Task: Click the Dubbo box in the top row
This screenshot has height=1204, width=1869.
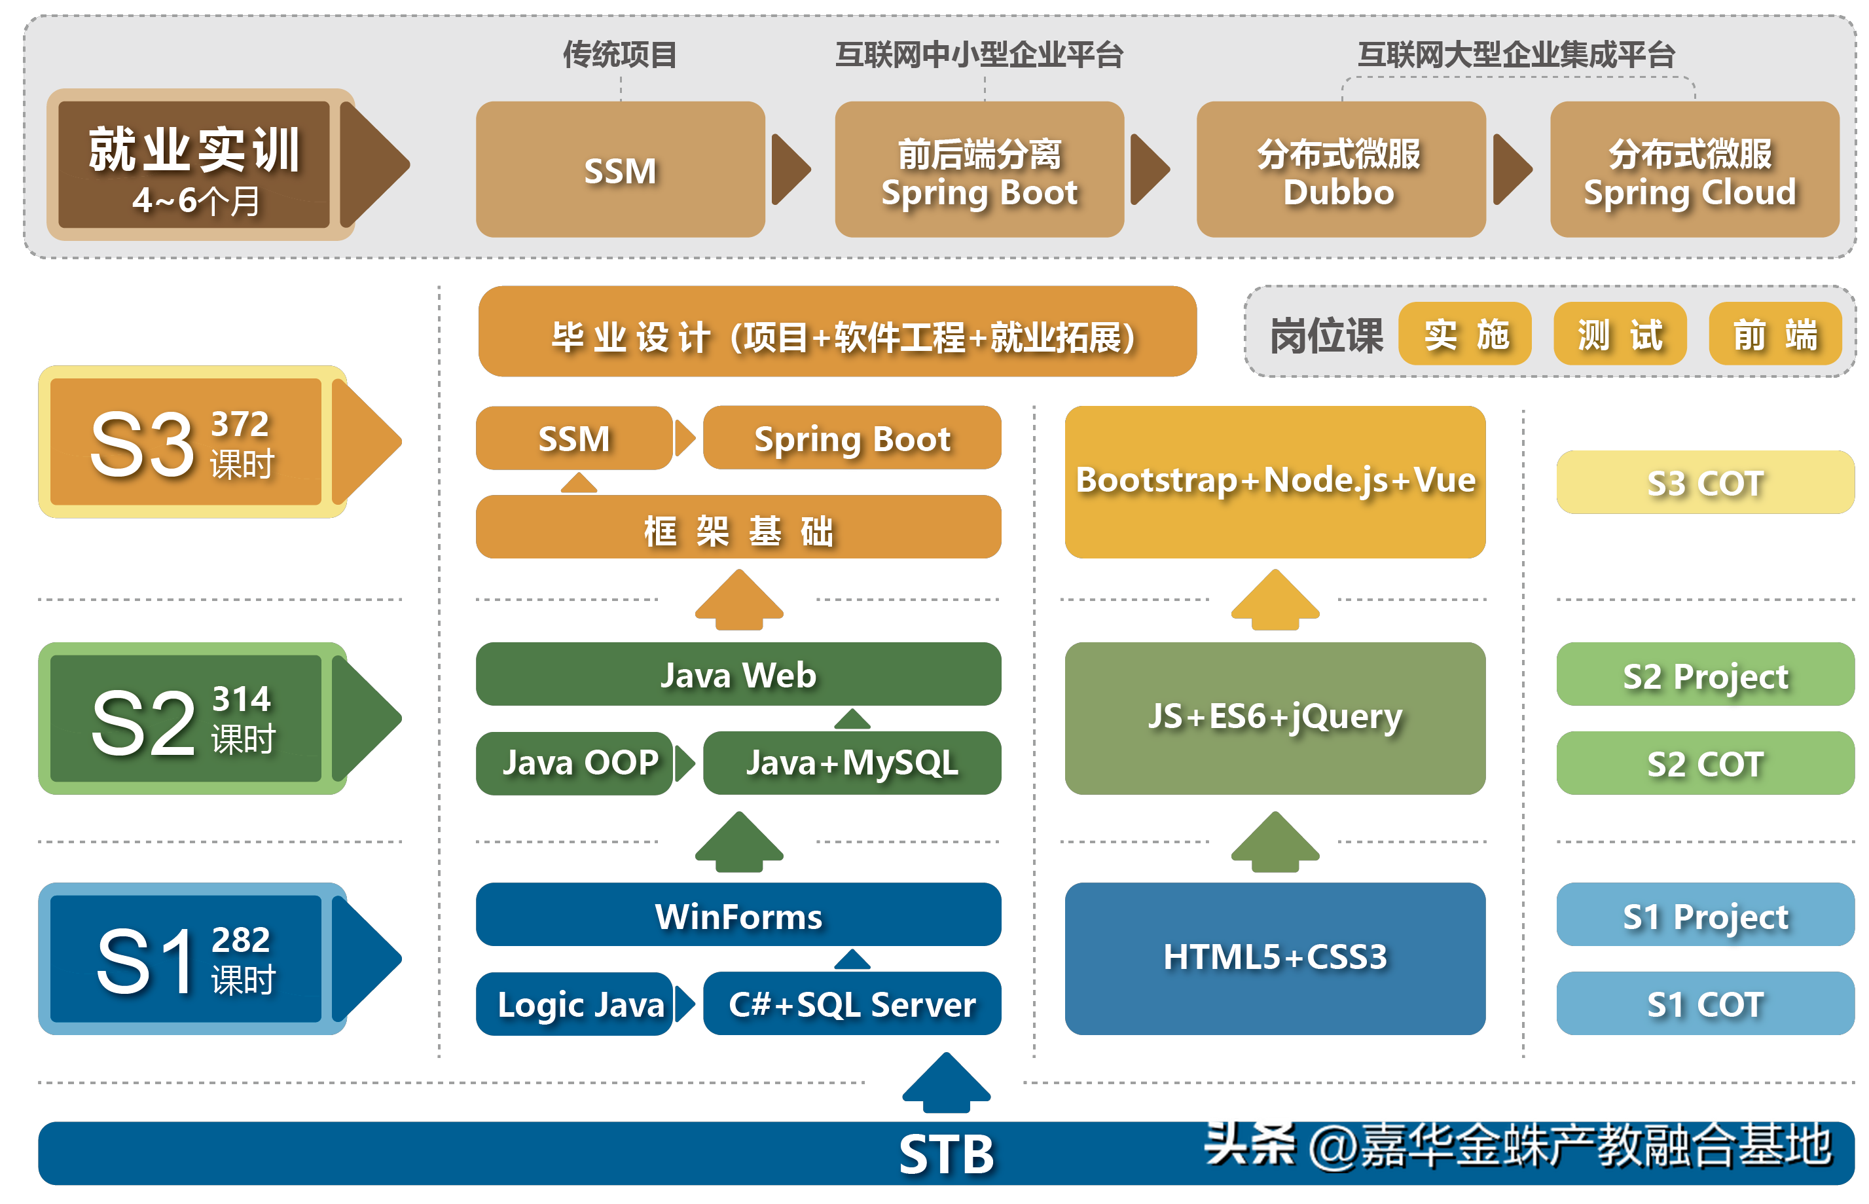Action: pyautogui.click(x=1340, y=170)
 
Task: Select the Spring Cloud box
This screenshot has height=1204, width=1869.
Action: pyautogui.click(x=1693, y=170)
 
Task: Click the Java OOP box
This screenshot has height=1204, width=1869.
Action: pyautogui.click(x=575, y=763)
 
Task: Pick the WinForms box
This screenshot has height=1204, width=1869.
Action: pyautogui.click(x=738, y=915)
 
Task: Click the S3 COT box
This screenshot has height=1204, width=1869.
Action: pyautogui.click(x=1704, y=483)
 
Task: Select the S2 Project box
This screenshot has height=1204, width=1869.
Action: pyautogui.click(x=1704, y=676)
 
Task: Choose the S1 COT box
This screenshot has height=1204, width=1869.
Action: pyautogui.click(x=1704, y=1004)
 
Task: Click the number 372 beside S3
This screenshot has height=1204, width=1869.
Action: pyautogui.click(x=240, y=424)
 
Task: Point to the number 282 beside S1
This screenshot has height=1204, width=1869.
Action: pyautogui.click(x=240, y=939)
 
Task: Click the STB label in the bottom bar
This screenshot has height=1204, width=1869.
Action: pyautogui.click(x=946, y=1155)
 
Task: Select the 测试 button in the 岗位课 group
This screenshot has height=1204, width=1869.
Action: pyautogui.click(x=1620, y=335)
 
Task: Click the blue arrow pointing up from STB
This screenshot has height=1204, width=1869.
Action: pyautogui.click(x=946, y=1083)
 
